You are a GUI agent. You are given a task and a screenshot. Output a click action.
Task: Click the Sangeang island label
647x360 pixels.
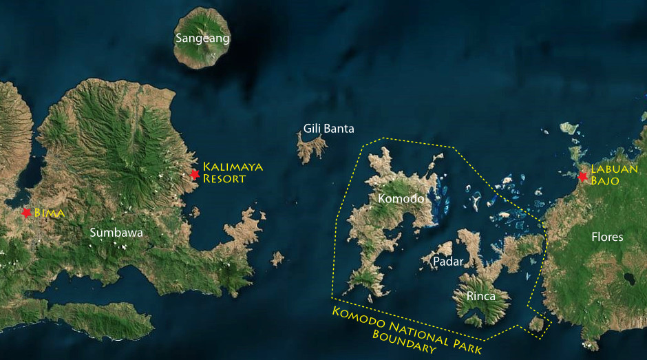click(x=202, y=38)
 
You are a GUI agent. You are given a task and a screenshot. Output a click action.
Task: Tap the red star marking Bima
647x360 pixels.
click(x=27, y=213)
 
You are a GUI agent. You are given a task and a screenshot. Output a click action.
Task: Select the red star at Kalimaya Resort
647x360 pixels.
click(x=195, y=174)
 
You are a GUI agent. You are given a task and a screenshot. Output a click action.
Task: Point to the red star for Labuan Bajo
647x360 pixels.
click(x=583, y=176)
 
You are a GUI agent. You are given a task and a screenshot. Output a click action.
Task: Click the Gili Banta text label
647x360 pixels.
click(x=329, y=128)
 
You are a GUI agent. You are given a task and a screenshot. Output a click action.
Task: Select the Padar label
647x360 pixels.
click(x=447, y=262)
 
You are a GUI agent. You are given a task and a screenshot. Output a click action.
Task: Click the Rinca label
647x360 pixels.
click(x=480, y=297)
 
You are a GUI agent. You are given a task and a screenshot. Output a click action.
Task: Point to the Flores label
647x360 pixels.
click(x=606, y=237)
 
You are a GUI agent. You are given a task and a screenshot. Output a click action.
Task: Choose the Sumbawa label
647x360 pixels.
click(x=116, y=233)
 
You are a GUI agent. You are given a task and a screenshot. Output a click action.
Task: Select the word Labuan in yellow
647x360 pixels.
click(x=614, y=169)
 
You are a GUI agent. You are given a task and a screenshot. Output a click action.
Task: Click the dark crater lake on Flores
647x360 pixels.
click(x=628, y=279)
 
